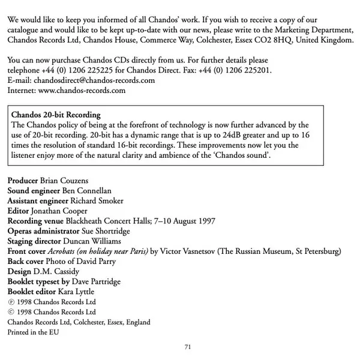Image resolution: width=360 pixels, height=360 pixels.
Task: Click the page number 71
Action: tap(187, 347)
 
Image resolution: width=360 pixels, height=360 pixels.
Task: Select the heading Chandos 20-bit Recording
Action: tap(56, 115)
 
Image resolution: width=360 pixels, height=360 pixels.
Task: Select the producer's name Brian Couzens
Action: tap(67, 180)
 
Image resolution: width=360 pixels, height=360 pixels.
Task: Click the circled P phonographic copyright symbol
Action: tap(10, 302)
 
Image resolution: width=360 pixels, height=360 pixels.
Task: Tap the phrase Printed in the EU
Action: tap(34, 332)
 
